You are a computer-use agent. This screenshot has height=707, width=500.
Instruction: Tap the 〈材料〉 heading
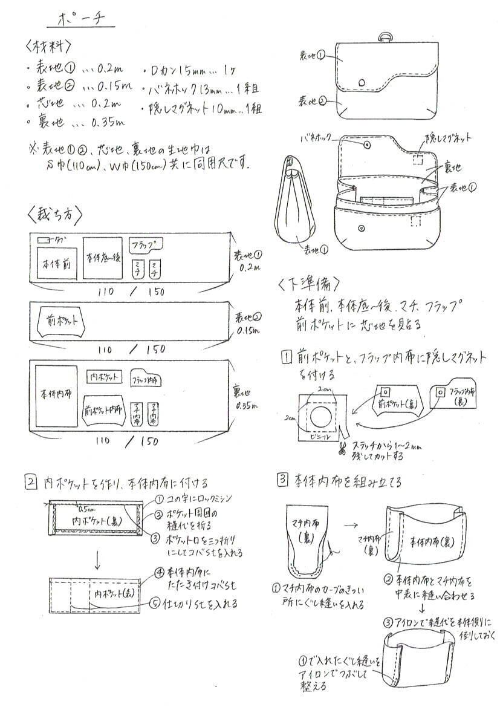click(x=49, y=47)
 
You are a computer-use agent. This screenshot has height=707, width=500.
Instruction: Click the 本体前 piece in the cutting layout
click(x=55, y=264)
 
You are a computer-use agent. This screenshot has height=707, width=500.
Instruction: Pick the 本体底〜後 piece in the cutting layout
click(x=103, y=257)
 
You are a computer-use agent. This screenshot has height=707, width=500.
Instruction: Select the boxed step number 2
click(x=31, y=483)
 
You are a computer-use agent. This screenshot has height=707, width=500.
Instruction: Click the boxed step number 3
click(x=282, y=481)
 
